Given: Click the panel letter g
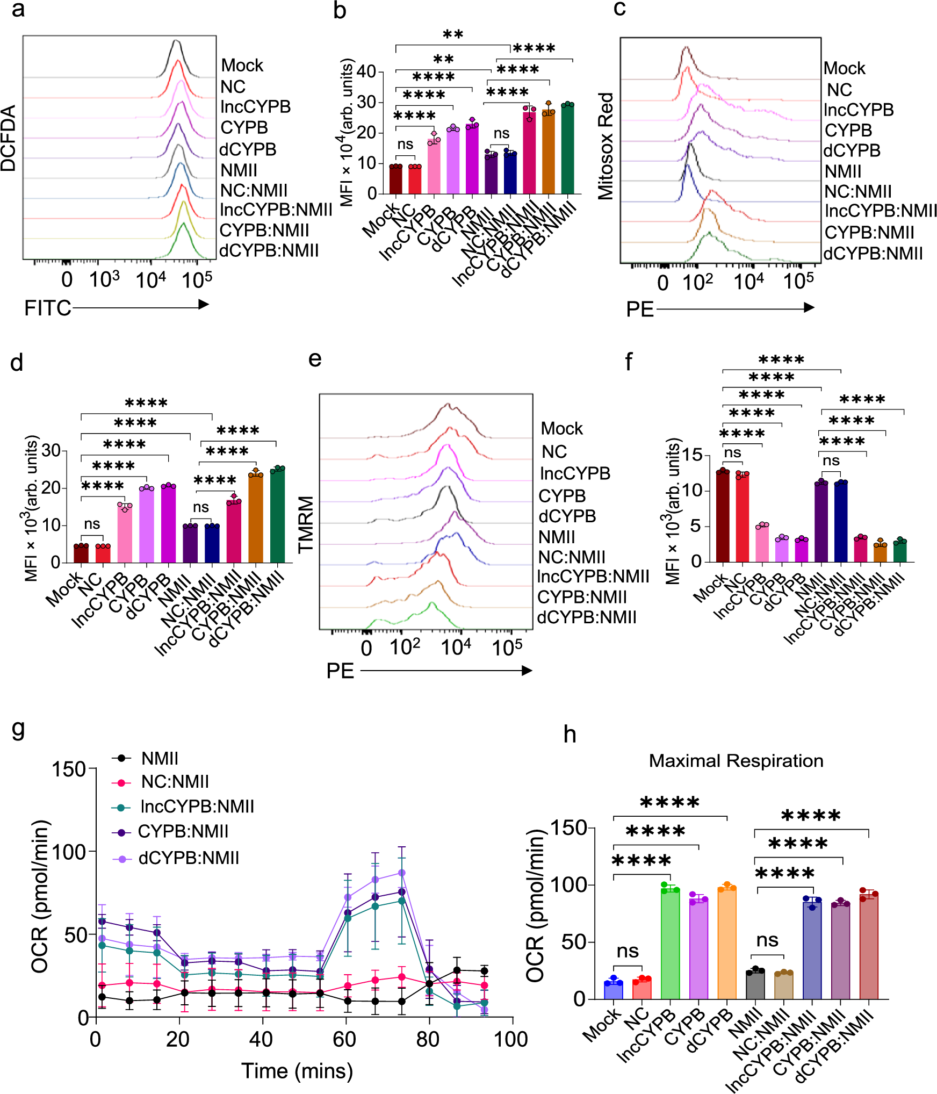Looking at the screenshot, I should pyautogui.click(x=18, y=729).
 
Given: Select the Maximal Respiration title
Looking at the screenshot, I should pyautogui.click(x=736, y=761).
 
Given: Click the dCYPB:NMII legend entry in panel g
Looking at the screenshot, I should pyautogui.click(x=188, y=858).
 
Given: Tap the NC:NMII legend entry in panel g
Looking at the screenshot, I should pyautogui.click(x=175, y=782).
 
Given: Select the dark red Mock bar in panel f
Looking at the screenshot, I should pyautogui.click(x=723, y=516).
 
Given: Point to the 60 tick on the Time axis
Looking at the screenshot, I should pyautogui.click(x=344, y=1039).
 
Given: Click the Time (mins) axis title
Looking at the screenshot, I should pyautogui.click(x=297, y=1071).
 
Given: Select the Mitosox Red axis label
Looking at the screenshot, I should pyautogui.click(x=606, y=146).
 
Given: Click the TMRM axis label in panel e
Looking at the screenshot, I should pyautogui.click(x=306, y=524).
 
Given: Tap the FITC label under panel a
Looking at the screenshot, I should pyautogui.click(x=47, y=308).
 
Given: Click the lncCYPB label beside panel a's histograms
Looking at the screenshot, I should pyautogui.click(x=255, y=107).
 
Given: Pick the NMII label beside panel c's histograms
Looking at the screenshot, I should pyautogui.click(x=842, y=171).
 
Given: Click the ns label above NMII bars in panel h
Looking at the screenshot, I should pyautogui.click(x=767, y=940).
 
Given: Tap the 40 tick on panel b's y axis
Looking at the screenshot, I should pyautogui.click(x=366, y=71).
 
